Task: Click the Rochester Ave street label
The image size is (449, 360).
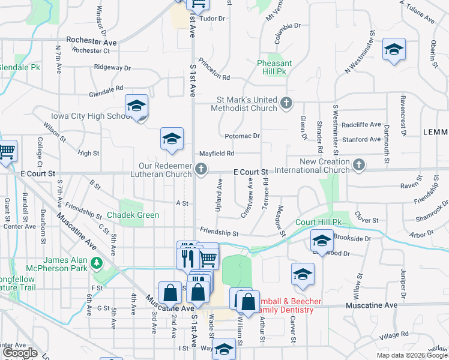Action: click(x=91, y=42)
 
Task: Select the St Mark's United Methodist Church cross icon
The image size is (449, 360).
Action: click(x=286, y=104)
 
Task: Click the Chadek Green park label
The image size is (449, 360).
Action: click(x=133, y=215)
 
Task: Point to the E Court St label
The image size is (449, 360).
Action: click(x=250, y=172)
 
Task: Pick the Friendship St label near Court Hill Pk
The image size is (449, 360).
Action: click(x=219, y=233)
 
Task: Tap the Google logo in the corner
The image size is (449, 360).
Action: click(x=20, y=353)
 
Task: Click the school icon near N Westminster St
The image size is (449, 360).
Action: click(x=394, y=50)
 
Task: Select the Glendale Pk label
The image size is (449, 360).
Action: click(x=20, y=67)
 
